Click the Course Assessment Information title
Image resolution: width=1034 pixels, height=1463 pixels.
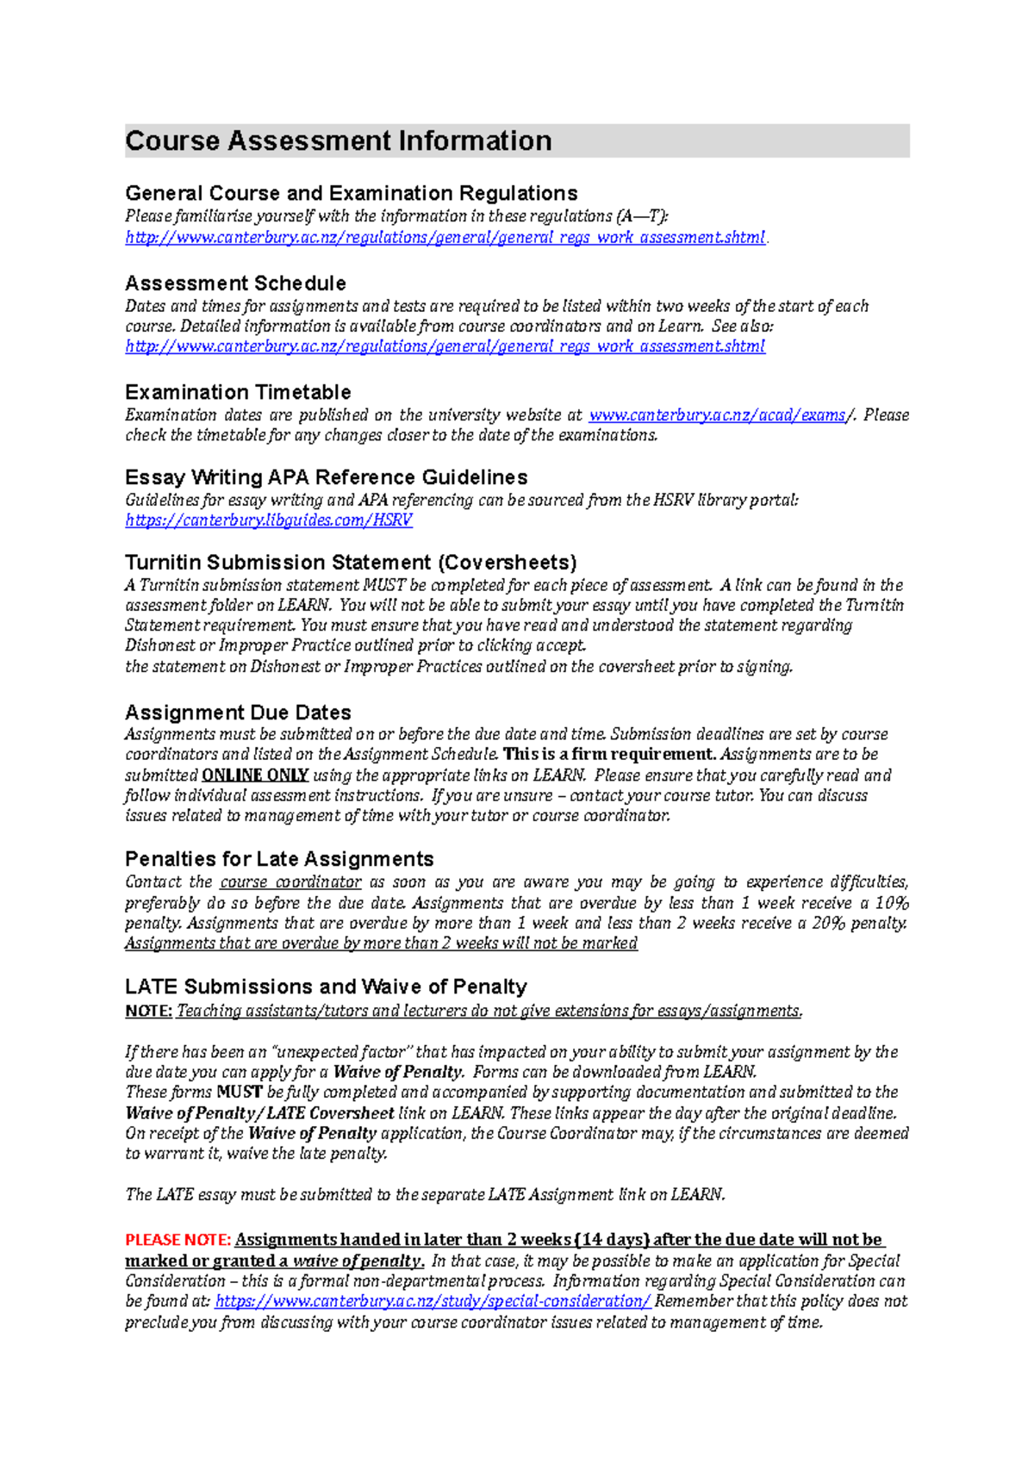click(x=338, y=140)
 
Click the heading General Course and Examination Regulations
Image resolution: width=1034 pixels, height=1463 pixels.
click(x=351, y=193)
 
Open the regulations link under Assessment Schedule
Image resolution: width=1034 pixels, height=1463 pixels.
click(x=445, y=346)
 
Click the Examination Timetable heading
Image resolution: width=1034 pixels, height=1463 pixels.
click(x=238, y=392)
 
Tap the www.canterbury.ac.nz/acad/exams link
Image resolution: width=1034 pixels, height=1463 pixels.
click(x=717, y=415)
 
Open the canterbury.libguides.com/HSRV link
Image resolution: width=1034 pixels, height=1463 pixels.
click(x=269, y=520)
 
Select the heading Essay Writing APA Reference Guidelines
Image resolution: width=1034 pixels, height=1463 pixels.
click(x=326, y=477)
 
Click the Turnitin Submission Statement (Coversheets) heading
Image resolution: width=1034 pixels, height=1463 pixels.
click(x=351, y=563)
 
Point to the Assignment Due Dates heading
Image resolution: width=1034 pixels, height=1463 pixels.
click(x=238, y=713)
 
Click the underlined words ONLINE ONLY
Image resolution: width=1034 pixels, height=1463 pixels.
click(x=255, y=775)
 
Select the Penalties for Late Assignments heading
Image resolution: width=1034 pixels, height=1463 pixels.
click(x=279, y=859)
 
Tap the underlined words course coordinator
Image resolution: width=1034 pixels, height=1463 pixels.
click(x=290, y=882)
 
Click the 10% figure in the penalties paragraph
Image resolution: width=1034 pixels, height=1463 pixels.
click(x=892, y=903)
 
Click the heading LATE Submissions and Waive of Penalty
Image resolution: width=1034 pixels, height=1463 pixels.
click(x=326, y=987)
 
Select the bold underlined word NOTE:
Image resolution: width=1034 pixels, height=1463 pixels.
click(x=148, y=1012)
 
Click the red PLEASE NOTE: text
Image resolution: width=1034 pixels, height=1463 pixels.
click(x=178, y=1240)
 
